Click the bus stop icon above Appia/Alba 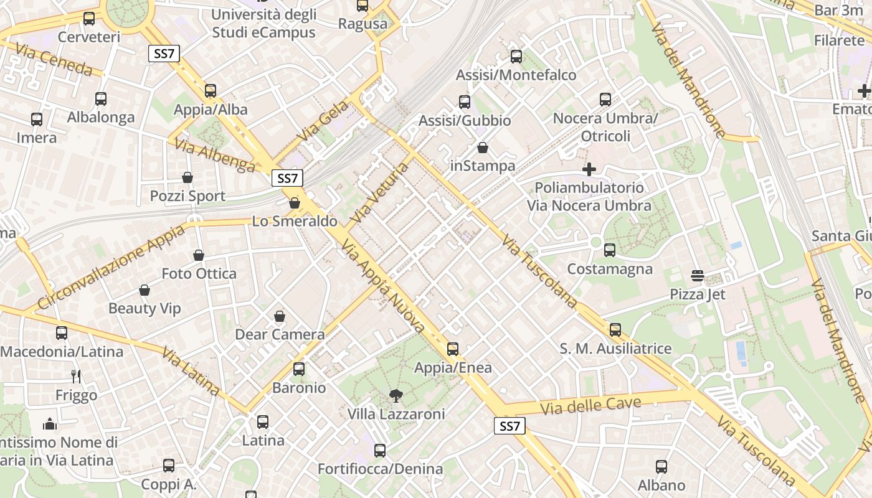point(211,91)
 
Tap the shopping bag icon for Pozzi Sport point(187,178)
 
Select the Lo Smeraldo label point(295,221)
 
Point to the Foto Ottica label point(199,273)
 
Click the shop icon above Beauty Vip point(145,290)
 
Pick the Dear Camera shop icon point(280,317)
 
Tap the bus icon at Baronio point(299,369)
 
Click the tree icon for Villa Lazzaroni point(396,395)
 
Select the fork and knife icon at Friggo point(76,377)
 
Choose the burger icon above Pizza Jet point(698,276)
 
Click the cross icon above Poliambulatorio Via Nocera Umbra point(589,169)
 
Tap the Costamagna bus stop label point(610,269)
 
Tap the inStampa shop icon point(483,148)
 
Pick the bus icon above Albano point(661,467)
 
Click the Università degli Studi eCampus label point(264,23)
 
